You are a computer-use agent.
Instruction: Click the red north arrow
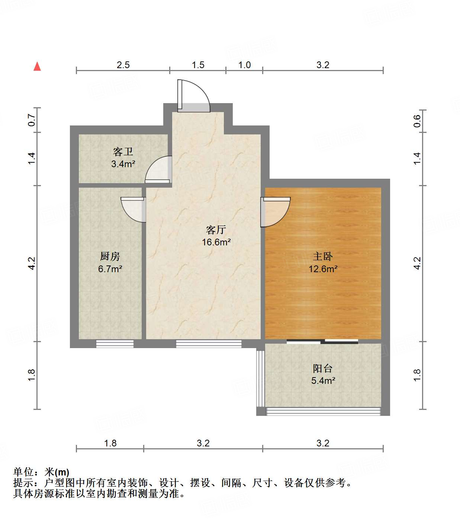[37, 66]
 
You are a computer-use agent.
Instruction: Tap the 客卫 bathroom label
[123, 152]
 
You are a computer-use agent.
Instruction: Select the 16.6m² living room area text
[216, 242]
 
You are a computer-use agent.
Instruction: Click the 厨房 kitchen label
[110, 256]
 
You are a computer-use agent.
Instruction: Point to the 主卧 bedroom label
[323, 256]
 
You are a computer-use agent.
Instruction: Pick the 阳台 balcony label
[323, 368]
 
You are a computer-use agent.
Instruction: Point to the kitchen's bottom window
[115, 344]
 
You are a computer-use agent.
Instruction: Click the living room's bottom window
[209, 344]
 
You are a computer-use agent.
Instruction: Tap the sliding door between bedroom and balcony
[322, 341]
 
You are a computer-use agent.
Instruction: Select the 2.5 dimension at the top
[123, 65]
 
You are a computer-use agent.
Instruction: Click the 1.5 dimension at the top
[198, 65]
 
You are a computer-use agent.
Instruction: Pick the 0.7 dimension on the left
[32, 120]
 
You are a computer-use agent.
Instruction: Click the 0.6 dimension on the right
[417, 121]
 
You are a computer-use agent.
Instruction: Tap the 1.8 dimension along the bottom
[110, 443]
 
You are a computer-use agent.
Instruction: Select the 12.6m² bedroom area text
[323, 269]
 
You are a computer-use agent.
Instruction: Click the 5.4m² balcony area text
[323, 381]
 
